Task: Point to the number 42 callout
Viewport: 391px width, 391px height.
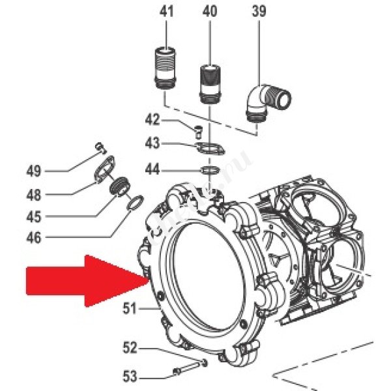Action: click(x=152, y=121)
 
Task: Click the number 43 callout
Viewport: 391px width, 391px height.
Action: click(x=152, y=142)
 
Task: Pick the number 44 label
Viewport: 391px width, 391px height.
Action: click(x=152, y=169)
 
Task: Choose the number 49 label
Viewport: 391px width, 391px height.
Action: click(x=34, y=172)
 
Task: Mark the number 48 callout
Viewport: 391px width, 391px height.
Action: click(x=34, y=194)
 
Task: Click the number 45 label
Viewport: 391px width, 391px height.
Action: click(x=34, y=216)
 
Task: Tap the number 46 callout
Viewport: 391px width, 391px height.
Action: click(x=34, y=239)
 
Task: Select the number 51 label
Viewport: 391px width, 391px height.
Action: click(x=129, y=309)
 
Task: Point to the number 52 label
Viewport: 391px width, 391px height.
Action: click(x=129, y=349)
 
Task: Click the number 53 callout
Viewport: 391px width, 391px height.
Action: click(x=129, y=376)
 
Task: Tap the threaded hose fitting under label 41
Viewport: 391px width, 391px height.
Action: click(x=165, y=69)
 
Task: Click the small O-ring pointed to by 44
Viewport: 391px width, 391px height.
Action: click(x=209, y=170)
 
